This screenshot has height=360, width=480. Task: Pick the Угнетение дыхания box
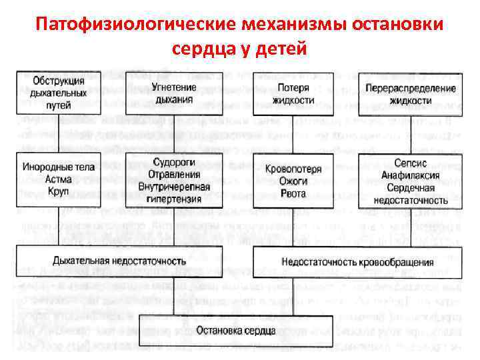click(x=172, y=94)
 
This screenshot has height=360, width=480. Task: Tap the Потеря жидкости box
click(x=293, y=94)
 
